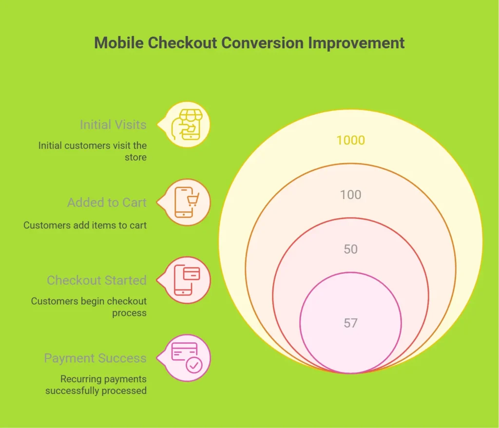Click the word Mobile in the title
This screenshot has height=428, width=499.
(119, 43)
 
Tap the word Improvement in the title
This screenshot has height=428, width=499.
(356, 43)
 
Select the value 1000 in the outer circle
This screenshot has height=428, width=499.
(350, 140)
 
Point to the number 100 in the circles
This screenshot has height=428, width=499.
(350, 195)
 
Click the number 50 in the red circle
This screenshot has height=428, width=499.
(350, 249)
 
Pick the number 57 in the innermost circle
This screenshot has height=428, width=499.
(350, 323)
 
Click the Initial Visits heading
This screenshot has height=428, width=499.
(113, 125)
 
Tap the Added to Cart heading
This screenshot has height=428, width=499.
(107, 203)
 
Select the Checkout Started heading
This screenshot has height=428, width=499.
(96, 280)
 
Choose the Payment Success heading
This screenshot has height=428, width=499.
(95, 358)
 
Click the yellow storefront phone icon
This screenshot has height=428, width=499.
(187, 125)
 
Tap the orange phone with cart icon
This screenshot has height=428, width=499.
(187, 202)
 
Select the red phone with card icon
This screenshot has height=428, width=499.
(187, 280)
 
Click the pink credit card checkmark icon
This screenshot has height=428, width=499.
(187, 357)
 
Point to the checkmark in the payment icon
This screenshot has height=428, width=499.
(194, 365)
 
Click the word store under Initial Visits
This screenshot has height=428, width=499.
(135, 157)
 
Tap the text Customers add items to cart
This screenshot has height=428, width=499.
(85, 225)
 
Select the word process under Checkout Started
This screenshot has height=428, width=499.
(129, 313)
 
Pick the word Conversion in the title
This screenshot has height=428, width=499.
(262, 43)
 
